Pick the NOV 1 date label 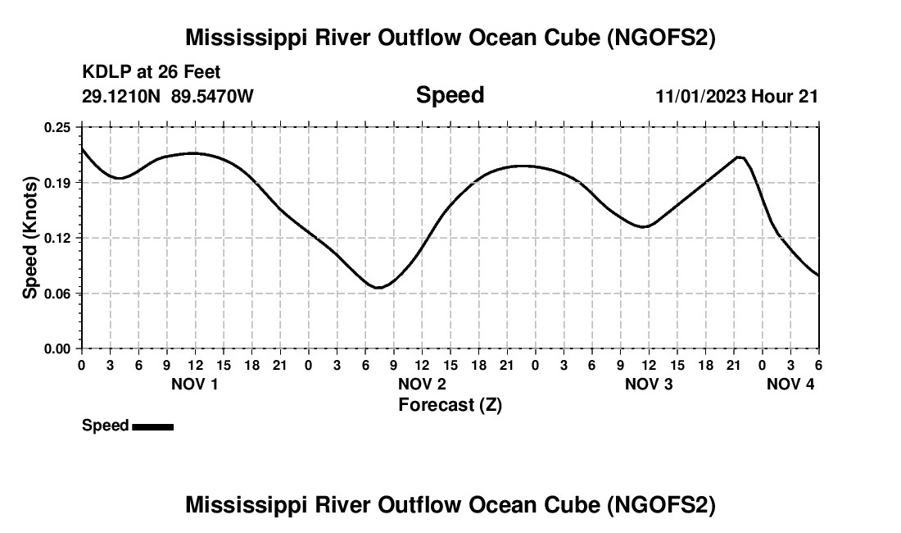tap(194, 384)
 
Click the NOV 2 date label tap(422, 384)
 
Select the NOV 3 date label tap(649, 384)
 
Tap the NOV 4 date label tap(790, 384)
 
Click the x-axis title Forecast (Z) tap(450, 405)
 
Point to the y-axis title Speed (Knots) tap(30, 238)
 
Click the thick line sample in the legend tap(152, 426)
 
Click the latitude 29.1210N tap(122, 96)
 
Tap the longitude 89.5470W tap(212, 96)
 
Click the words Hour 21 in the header tap(785, 96)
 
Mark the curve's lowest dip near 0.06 tap(378, 288)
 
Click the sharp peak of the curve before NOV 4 tap(740, 157)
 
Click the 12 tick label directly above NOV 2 tap(422, 365)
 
